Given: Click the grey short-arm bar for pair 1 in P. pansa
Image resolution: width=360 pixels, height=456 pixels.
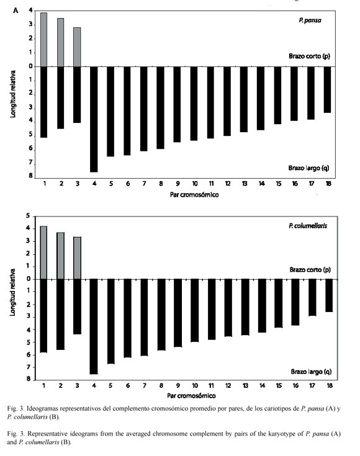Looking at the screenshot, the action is pyautogui.click(x=43, y=40).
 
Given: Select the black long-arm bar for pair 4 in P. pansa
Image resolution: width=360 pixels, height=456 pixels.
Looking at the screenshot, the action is pyautogui.click(x=94, y=119).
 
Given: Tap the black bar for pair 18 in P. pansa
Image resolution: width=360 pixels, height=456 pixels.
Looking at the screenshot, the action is pyautogui.click(x=327, y=89).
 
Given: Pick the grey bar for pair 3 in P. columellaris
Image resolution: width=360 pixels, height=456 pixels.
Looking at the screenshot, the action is pyautogui.click(x=77, y=258).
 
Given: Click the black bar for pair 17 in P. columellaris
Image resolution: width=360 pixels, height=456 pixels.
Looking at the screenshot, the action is pyautogui.click(x=312, y=298).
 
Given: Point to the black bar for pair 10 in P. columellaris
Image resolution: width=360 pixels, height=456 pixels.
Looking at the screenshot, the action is pyautogui.click(x=195, y=311).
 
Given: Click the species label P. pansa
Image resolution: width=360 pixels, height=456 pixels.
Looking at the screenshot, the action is pyautogui.click(x=310, y=20).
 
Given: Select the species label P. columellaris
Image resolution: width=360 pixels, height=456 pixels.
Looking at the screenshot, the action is pyautogui.click(x=308, y=226).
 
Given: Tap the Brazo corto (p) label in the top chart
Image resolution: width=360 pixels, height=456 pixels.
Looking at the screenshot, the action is pyautogui.click(x=309, y=56).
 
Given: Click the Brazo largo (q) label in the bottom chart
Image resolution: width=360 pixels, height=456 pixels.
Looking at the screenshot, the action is pyautogui.click(x=311, y=372).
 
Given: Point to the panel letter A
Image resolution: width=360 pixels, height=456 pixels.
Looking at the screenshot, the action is pyautogui.click(x=16, y=11).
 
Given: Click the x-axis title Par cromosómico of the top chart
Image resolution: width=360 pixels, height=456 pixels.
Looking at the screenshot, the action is pyautogui.click(x=194, y=195).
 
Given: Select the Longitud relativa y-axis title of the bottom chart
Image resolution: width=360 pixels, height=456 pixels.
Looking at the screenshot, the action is pyautogui.click(x=12, y=292).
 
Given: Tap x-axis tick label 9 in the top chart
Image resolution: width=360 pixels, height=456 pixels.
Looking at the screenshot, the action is pyautogui.click(x=178, y=184).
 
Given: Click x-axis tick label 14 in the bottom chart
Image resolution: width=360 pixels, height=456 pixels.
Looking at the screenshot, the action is pyautogui.click(x=262, y=386).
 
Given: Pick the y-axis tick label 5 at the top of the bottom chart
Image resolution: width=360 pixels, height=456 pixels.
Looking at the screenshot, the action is pyautogui.click(x=28, y=216).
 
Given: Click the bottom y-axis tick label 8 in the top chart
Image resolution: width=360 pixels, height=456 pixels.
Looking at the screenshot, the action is pyautogui.click(x=30, y=176).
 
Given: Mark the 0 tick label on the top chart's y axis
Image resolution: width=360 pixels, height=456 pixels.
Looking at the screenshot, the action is pyautogui.click(x=30, y=66).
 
